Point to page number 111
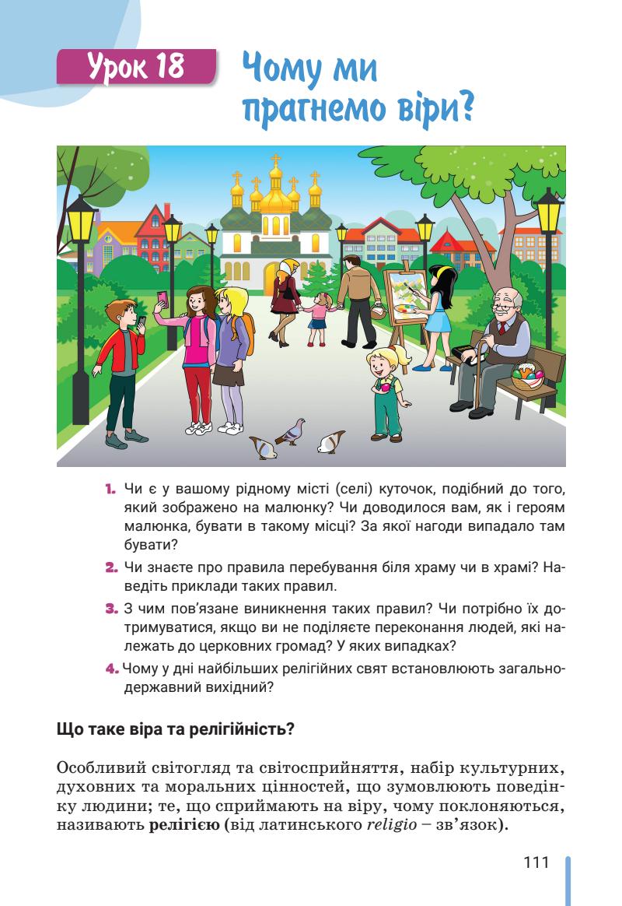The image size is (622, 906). [x=536, y=863]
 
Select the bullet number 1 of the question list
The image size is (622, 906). [x=108, y=490]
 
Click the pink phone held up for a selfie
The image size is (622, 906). [x=162, y=298]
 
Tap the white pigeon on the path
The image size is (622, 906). [x=332, y=442]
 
